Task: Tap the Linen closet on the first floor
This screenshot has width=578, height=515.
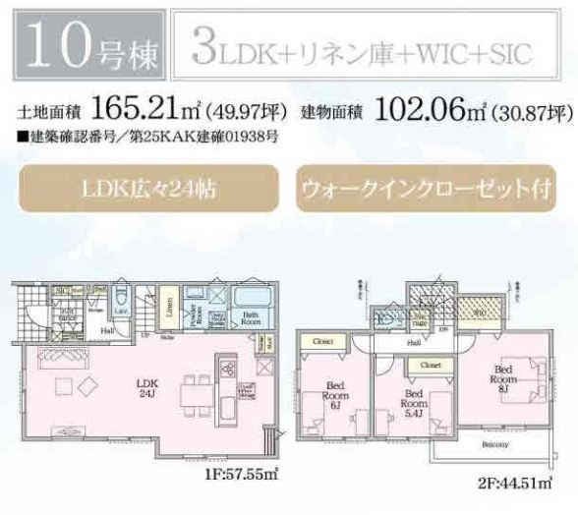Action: click(x=169, y=313)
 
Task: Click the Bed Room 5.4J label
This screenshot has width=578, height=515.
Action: click(x=412, y=403)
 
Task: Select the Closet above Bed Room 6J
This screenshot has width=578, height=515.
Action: click(x=323, y=343)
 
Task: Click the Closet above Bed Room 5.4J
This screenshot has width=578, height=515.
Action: click(x=430, y=364)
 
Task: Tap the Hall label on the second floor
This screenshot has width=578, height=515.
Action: click(x=416, y=343)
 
